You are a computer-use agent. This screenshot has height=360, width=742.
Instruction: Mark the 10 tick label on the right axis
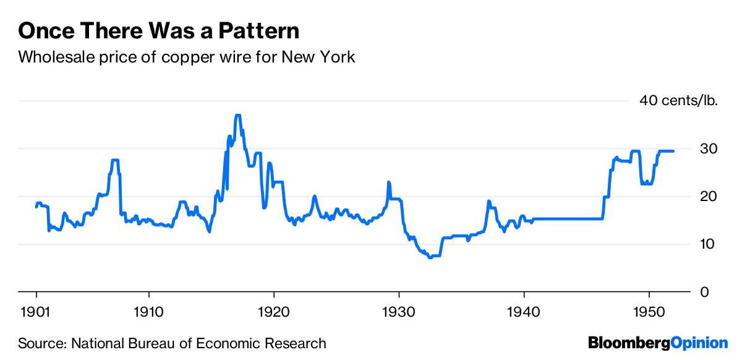pyautogui.click(x=709, y=244)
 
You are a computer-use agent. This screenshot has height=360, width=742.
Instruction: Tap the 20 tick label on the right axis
pyautogui.click(x=709, y=196)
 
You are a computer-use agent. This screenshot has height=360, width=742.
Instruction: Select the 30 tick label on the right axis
pyautogui.click(x=709, y=148)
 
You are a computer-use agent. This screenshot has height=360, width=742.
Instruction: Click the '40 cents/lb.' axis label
pyautogui.click(x=678, y=101)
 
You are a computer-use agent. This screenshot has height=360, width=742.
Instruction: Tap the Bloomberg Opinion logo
pyautogui.click(x=658, y=343)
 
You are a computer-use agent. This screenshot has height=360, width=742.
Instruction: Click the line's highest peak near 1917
pyautogui.click(x=237, y=116)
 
